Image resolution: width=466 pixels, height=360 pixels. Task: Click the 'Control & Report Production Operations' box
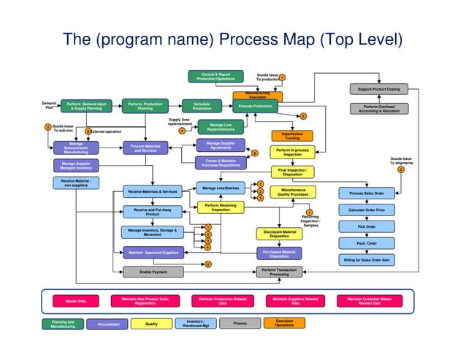coord(215,76)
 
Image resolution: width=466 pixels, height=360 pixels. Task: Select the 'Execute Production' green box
coord(257,107)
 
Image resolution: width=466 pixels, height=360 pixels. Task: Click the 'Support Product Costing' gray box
coord(378,89)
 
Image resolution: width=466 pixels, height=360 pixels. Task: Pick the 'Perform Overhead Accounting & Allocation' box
coord(378,109)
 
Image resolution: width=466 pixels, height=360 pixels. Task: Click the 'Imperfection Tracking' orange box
coord(292,136)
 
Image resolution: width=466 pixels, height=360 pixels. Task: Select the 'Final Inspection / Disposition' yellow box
coord(292,172)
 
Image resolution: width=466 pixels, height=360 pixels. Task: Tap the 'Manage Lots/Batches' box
coord(221,188)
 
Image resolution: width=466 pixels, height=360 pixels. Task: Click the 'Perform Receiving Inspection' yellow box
coord(221,208)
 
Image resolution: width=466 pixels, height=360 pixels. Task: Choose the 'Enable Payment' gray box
coord(153,272)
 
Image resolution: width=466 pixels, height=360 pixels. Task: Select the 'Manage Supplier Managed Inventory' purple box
coord(76,166)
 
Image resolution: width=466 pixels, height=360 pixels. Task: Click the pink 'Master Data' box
coord(76,300)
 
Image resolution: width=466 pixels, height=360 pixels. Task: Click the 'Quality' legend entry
coord(152,323)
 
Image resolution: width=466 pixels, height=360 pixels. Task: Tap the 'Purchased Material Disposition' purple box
coord(279,253)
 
